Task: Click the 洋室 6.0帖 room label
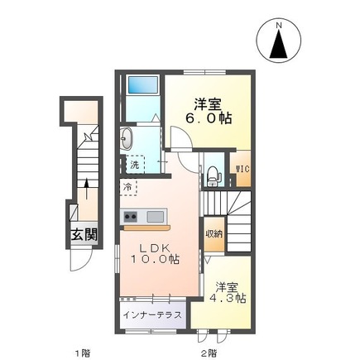[209, 111]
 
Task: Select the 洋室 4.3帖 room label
[226, 293]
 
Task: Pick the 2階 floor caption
[208, 352]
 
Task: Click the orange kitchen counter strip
[146, 227]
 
